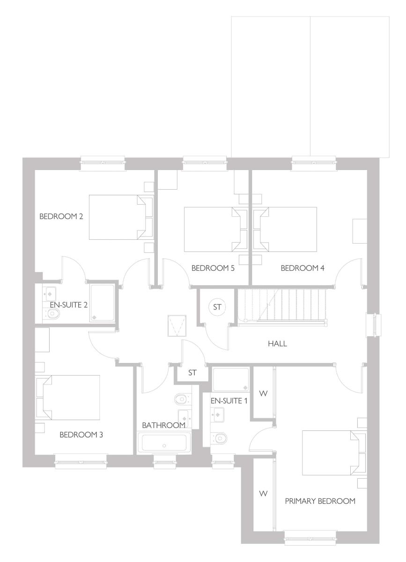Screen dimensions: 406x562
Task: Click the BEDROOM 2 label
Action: (x=61, y=216)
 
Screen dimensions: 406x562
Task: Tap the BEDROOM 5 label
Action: (x=213, y=268)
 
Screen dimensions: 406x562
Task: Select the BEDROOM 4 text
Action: (x=303, y=268)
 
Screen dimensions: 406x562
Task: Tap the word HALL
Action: (x=278, y=344)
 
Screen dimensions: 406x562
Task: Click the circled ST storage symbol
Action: (x=217, y=307)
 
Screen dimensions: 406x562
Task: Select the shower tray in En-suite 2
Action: (x=103, y=303)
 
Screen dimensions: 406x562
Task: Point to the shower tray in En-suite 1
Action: (x=231, y=380)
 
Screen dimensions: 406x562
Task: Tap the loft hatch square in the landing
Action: (x=177, y=326)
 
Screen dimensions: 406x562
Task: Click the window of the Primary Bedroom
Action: (x=310, y=536)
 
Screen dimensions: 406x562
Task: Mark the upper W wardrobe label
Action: (x=263, y=394)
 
